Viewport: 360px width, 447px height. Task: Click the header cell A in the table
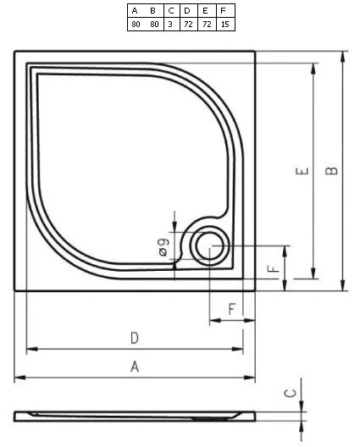point(135,11)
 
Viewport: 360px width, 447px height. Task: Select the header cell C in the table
point(171,11)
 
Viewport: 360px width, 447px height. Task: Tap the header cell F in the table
point(224,11)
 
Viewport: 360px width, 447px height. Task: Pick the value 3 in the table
point(171,25)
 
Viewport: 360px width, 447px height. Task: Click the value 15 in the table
point(224,25)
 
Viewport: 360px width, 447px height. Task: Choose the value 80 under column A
point(135,25)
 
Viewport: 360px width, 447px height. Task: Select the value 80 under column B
point(155,25)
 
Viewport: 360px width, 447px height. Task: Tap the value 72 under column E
point(206,25)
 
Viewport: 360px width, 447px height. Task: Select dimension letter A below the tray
point(135,367)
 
